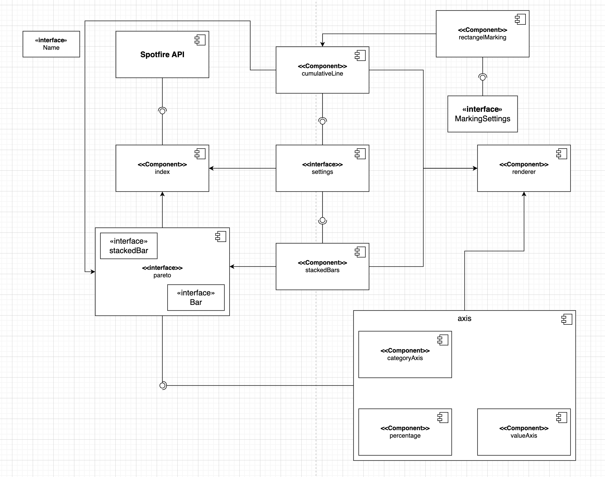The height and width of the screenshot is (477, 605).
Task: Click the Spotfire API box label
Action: click(162, 55)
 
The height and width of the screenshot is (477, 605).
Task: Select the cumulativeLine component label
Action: click(322, 74)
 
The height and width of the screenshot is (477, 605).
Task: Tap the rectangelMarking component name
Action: click(482, 37)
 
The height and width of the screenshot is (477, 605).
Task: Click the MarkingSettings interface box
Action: click(482, 114)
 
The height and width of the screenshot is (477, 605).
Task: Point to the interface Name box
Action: click(51, 44)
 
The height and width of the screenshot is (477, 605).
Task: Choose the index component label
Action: click(162, 172)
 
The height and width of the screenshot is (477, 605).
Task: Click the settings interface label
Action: click(322, 172)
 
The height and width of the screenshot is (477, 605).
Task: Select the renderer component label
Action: click(524, 172)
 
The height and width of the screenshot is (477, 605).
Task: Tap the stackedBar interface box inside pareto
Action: click(129, 246)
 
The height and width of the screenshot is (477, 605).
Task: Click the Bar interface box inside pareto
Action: click(196, 298)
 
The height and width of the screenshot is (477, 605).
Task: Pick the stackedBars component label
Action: click(322, 270)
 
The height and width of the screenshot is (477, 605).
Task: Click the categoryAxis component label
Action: click(405, 358)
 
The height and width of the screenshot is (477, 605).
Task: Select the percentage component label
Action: click(405, 436)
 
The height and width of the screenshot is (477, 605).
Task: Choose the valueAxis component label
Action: click(524, 436)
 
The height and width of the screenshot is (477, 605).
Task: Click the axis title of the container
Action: click(464, 318)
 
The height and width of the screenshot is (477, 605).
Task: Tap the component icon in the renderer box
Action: click(562, 154)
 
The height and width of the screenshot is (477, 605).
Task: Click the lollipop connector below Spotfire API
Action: click(162, 111)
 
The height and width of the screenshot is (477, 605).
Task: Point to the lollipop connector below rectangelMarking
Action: click(483, 77)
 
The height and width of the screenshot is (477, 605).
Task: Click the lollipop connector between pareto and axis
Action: click(163, 385)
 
